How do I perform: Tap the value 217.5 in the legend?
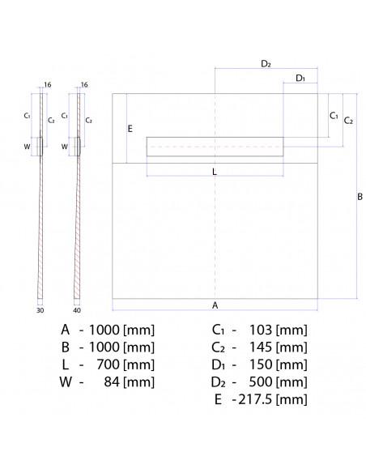[x=255, y=400]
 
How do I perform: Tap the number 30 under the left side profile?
[x=40, y=310]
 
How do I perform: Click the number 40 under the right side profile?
[x=77, y=310]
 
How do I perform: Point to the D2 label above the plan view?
[x=266, y=62]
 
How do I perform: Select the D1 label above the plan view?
[x=300, y=78]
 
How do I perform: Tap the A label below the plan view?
[x=215, y=305]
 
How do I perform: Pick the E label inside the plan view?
[x=130, y=129]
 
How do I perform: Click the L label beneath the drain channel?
[x=214, y=171]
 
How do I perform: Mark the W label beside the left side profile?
[x=28, y=147]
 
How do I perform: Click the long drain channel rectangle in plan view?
[x=215, y=147]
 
